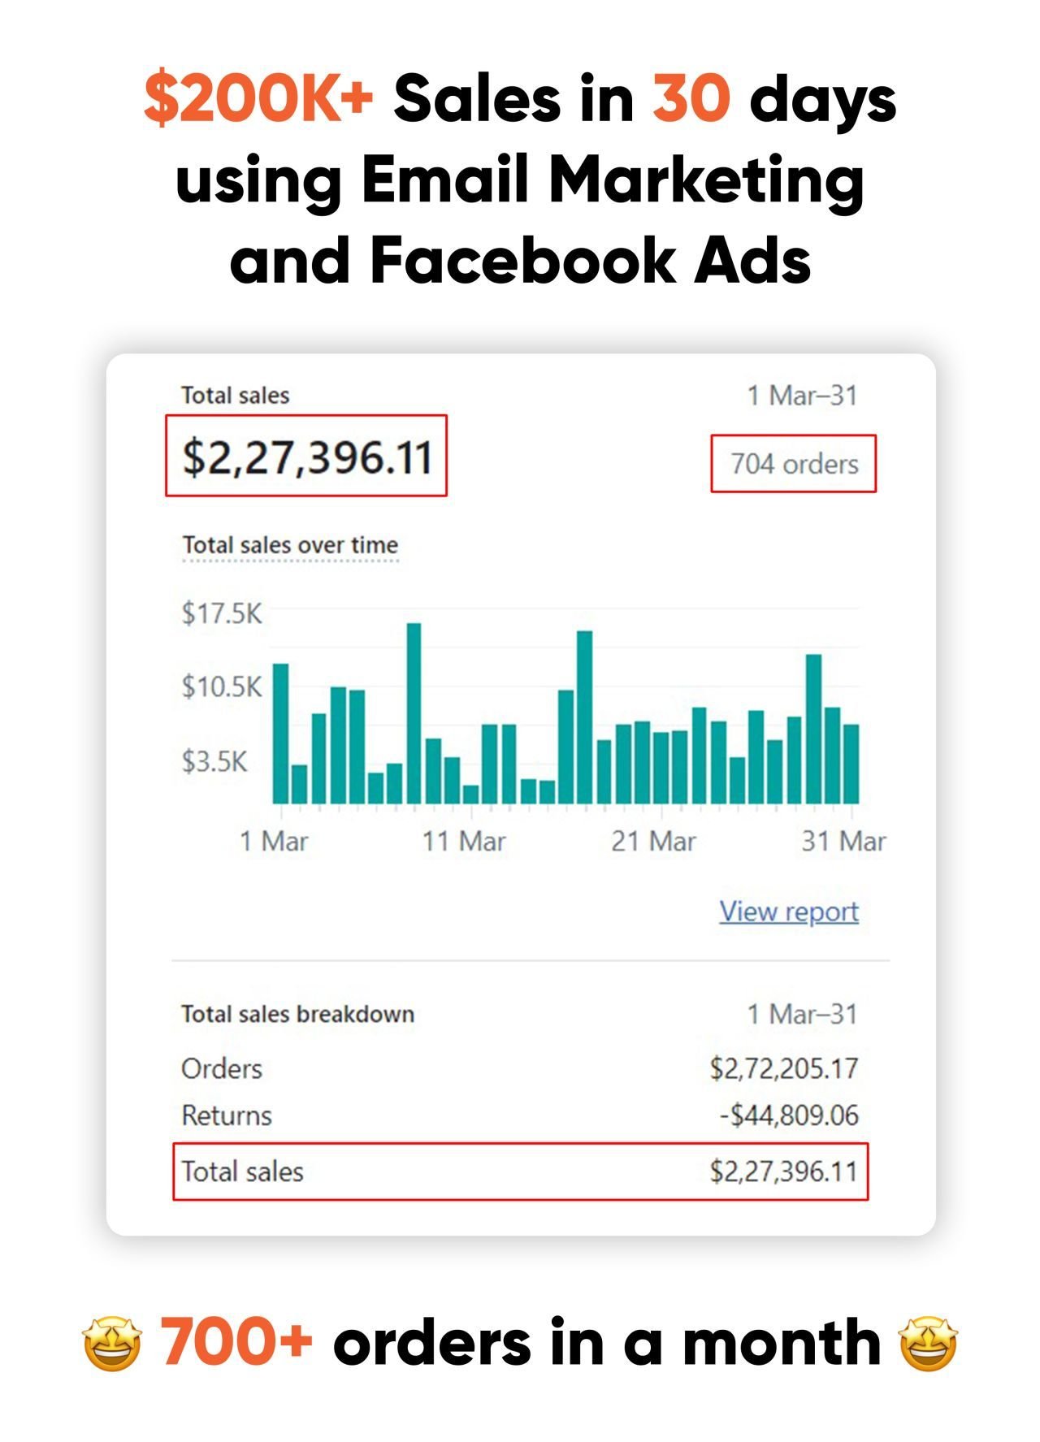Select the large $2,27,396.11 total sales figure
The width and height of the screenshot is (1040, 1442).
(x=306, y=456)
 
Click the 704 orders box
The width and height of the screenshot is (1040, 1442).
(x=794, y=464)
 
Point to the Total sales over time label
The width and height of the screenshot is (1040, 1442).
(x=290, y=545)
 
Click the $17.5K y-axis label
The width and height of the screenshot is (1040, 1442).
(x=222, y=613)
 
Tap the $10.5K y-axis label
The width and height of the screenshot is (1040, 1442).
(x=222, y=687)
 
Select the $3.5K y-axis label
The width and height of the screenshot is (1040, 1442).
(x=214, y=762)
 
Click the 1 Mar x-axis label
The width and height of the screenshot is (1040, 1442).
(x=274, y=841)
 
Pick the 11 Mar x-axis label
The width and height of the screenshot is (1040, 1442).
(x=464, y=841)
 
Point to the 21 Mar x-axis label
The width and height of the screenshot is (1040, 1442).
(x=653, y=841)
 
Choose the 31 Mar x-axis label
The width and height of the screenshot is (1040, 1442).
(x=843, y=841)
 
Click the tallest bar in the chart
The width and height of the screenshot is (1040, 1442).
(x=414, y=713)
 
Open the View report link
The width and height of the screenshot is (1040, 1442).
(x=789, y=912)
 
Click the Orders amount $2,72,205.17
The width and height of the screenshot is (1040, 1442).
(x=784, y=1068)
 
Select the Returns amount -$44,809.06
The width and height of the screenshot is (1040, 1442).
(x=789, y=1115)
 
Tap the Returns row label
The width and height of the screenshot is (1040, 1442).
(x=227, y=1115)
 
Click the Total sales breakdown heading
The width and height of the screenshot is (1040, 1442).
(x=297, y=1014)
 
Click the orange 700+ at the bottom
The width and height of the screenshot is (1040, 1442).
(x=236, y=1342)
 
